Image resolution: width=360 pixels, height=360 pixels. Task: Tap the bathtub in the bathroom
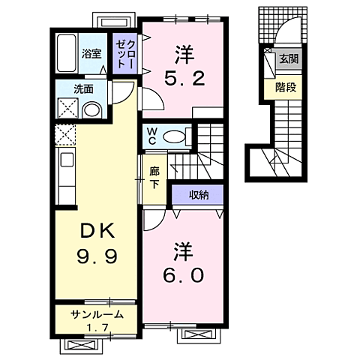67,53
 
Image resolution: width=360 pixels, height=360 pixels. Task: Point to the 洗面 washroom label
82,89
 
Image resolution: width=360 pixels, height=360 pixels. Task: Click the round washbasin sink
91,110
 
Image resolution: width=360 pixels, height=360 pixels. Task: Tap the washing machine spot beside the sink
66,109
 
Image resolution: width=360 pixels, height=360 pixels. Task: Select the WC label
151,137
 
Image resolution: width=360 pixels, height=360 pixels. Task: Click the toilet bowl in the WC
174,136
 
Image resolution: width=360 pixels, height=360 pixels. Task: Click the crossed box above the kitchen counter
65,136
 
